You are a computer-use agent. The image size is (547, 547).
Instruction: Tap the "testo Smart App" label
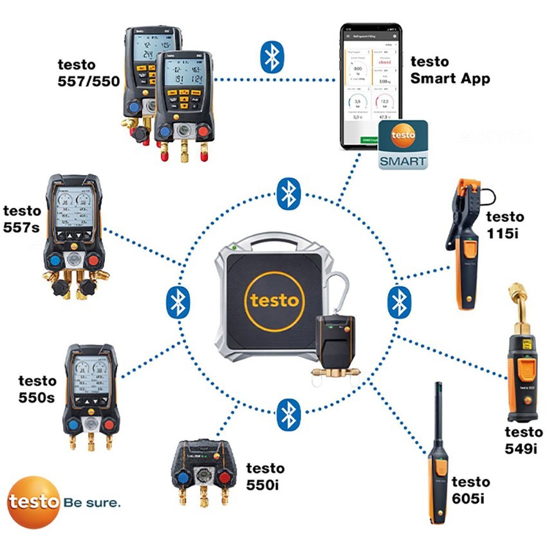click(x=450, y=70)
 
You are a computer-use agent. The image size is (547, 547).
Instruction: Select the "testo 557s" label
click(x=22, y=218)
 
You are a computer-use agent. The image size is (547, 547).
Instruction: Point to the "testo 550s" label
click(x=37, y=389)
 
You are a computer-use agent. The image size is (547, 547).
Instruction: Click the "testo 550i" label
click(x=264, y=476)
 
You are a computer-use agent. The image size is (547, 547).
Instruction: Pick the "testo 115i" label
click(x=505, y=225)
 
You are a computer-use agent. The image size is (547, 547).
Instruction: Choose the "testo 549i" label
click(x=523, y=440)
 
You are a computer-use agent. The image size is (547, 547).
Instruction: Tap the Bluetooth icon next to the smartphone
click(x=271, y=57)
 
